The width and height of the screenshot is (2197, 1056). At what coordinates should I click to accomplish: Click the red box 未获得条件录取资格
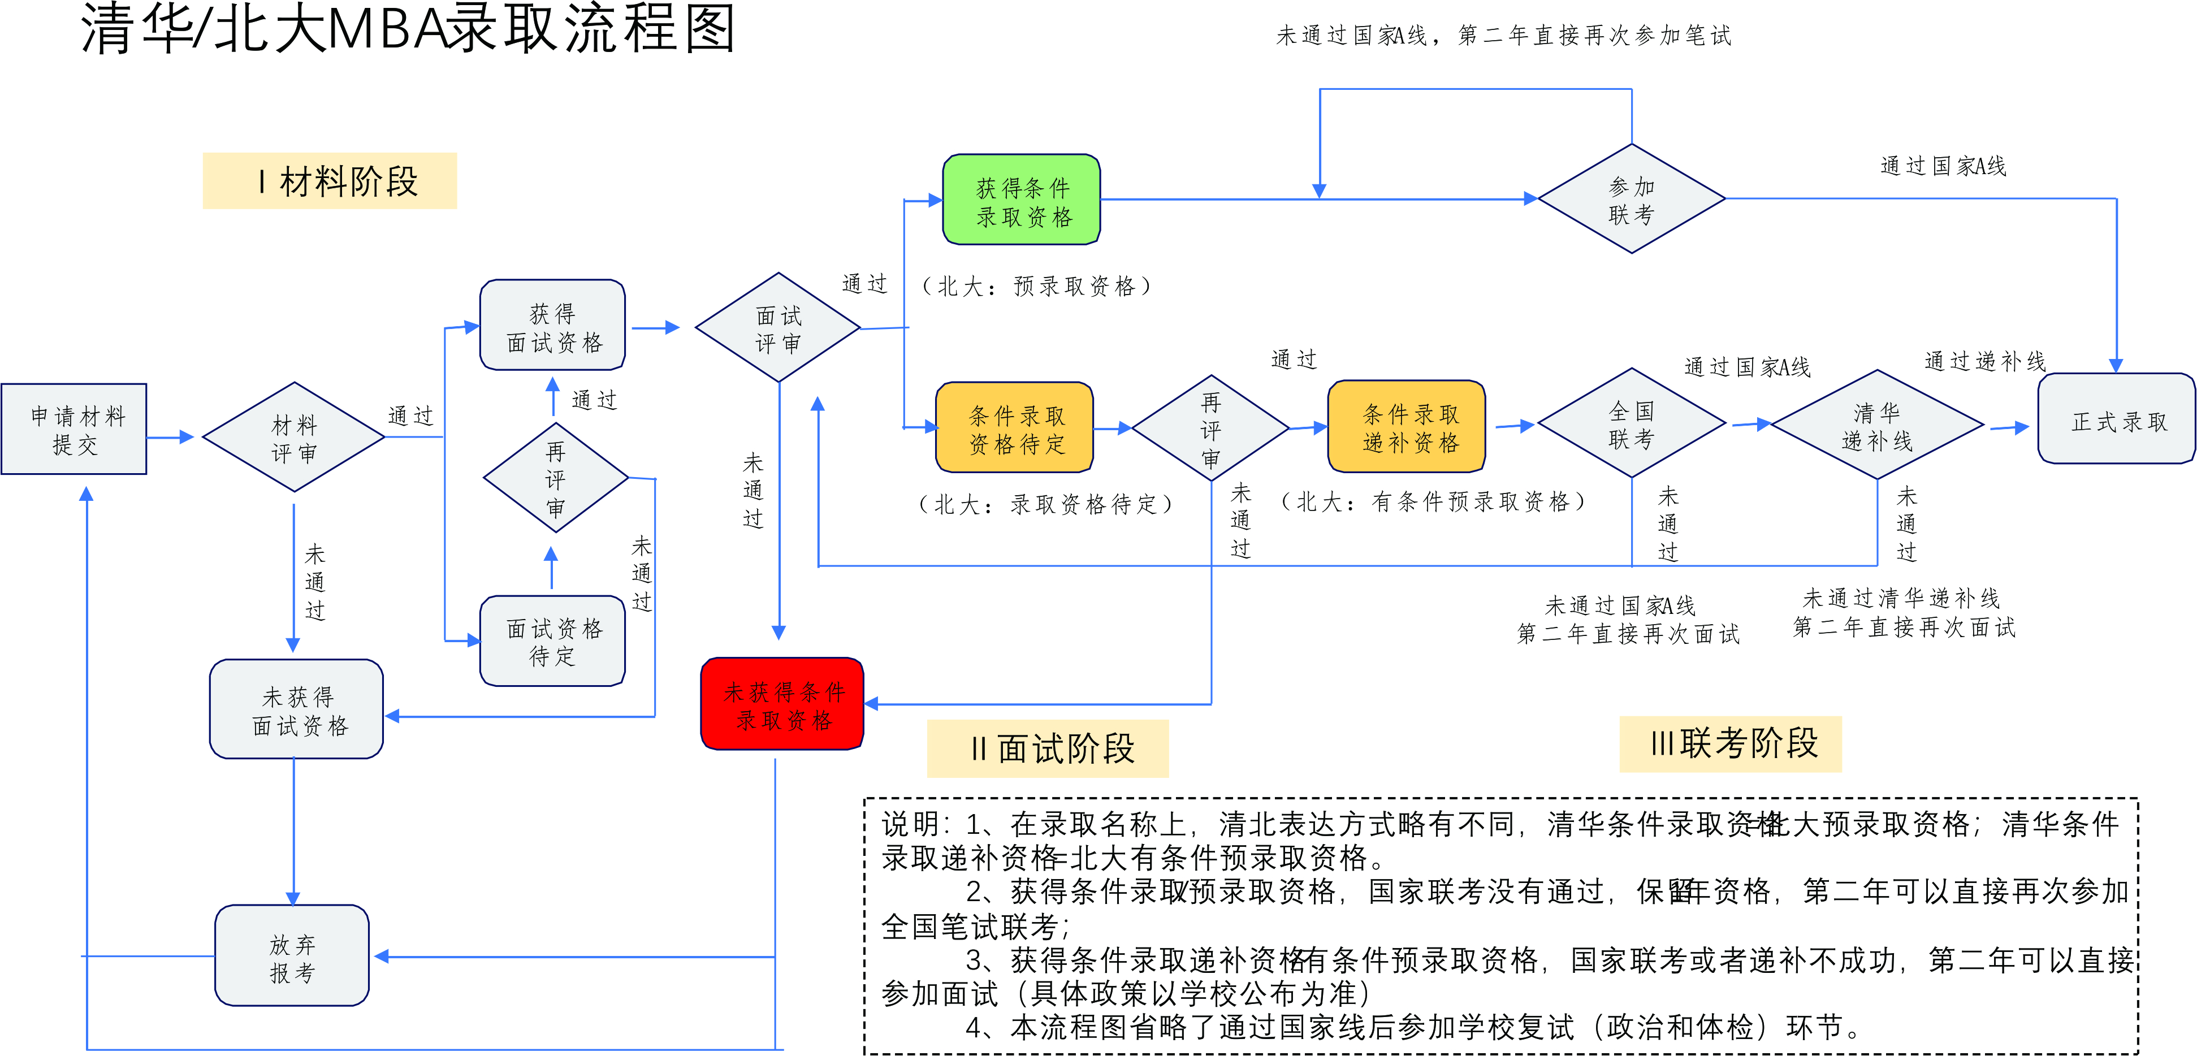(782, 704)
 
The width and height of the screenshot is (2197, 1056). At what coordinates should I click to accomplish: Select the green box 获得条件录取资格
(1021, 201)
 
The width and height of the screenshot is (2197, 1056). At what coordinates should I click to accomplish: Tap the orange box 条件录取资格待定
(1015, 428)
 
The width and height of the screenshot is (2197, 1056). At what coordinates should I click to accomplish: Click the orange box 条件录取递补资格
(1407, 426)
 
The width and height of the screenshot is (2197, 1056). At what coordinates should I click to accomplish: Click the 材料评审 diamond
(293, 438)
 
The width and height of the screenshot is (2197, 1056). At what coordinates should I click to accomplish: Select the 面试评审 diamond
(778, 328)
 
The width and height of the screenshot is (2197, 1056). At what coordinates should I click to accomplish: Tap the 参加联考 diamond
(1631, 200)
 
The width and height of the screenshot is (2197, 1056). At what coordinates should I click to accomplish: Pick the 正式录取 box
(2117, 419)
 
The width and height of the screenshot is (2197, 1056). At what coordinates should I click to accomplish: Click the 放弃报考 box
(292, 956)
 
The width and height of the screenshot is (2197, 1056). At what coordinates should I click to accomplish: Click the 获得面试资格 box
(553, 326)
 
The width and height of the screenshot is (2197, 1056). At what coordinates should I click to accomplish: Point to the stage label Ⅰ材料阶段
(330, 181)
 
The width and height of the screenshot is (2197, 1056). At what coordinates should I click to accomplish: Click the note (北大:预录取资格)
(1036, 285)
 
